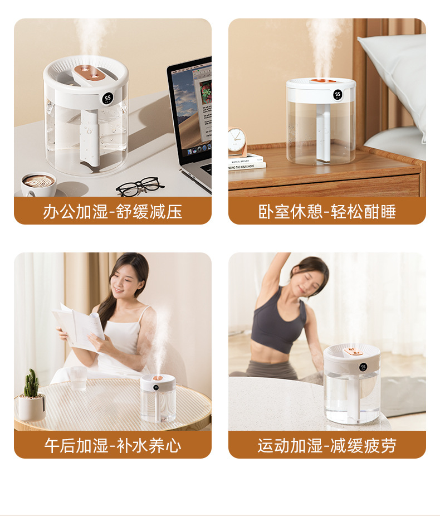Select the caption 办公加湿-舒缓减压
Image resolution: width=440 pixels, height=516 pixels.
113,211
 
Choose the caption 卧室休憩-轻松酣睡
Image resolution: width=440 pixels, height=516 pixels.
327,211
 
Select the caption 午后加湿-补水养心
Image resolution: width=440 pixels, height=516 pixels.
113,446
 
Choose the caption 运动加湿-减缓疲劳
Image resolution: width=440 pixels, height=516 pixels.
327,446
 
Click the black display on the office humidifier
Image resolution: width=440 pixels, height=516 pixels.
107,99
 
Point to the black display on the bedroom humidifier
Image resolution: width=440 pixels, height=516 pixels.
338,95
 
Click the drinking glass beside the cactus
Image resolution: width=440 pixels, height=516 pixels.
79,378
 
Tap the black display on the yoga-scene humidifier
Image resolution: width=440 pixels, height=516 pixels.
363,367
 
